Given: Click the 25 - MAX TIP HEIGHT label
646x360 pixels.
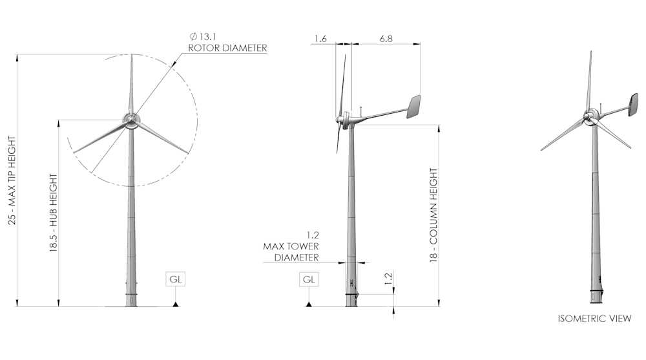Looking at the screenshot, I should [12, 180].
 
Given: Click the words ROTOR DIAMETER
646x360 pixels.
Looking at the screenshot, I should [227, 48].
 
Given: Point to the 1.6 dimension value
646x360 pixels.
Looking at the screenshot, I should [320, 39].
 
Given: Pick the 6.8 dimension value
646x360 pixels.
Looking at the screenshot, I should [386, 39].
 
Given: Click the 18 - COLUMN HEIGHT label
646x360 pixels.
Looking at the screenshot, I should [433, 215].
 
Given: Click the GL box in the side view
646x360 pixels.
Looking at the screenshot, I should [309, 279].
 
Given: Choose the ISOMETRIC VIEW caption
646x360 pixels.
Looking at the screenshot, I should [594, 319].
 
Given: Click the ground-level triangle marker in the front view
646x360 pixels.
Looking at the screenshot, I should [176, 302].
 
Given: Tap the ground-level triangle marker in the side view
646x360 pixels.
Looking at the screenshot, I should [309, 302].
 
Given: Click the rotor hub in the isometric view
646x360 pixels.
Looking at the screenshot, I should [590, 116].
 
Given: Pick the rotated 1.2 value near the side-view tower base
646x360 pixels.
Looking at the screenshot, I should [388, 279].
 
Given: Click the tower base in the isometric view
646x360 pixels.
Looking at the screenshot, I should [596, 294].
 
